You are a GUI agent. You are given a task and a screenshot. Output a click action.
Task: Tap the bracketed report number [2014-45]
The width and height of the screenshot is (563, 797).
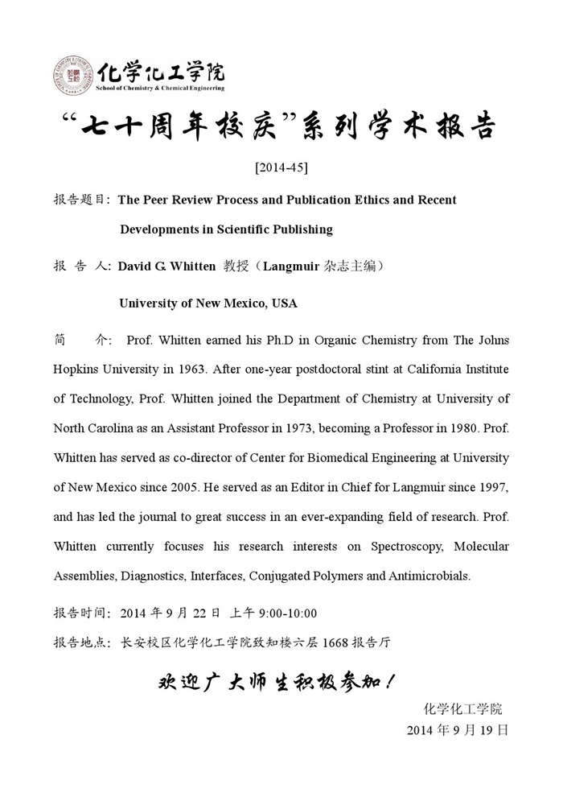(281, 167)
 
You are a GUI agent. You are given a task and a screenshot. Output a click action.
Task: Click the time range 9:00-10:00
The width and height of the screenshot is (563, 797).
(287, 613)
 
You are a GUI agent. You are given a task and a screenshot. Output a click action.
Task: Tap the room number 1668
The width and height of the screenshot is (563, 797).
(336, 642)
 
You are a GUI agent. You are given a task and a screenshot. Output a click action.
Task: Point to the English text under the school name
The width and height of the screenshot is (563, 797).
(160, 88)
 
